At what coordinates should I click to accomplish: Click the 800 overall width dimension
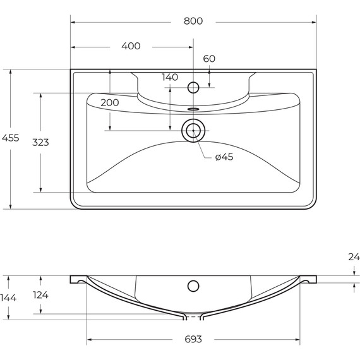[x=193, y=21]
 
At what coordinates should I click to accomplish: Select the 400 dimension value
[x=131, y=46]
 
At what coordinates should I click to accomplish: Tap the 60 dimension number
[x=209, y=59]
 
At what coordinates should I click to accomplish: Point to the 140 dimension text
[x=170, y=77]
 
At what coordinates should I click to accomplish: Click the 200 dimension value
[x=110, y=102]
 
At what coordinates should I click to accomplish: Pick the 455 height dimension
[x=11, y=138]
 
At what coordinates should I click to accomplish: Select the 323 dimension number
[x=41, y=142]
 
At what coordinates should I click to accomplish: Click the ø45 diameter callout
[x=224, y=157]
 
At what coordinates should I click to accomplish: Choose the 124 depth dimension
[x=40, y=295]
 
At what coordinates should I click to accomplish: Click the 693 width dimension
[x=193, y=339]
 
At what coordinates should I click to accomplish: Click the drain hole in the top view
[x=193, y=131]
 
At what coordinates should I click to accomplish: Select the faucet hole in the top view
[x=193, y=86]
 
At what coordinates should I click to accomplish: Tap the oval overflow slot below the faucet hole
[x=193, y=109]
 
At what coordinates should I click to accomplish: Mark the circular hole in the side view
[x=193, y=285]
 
